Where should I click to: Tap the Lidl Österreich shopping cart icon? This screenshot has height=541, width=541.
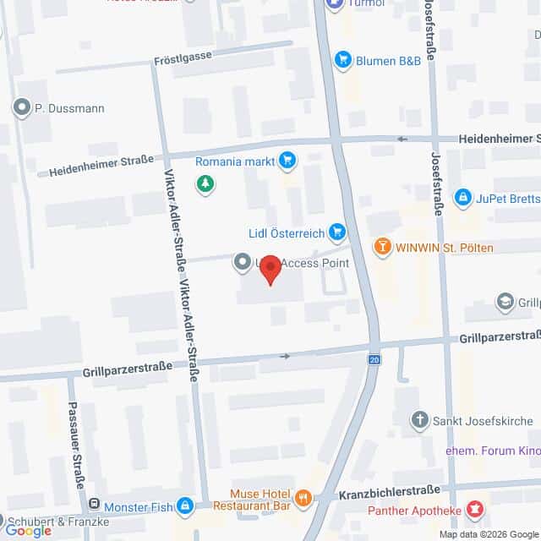coord(337,231)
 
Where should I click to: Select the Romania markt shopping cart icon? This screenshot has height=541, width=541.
coord(287,159)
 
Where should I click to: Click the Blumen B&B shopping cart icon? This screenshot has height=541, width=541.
coord(342,59)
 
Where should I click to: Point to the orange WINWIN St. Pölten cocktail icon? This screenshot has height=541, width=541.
coord(383,247)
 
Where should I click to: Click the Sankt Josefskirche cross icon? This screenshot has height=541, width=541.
coord(419,420)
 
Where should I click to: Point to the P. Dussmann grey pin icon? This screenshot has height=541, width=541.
coord(21,107)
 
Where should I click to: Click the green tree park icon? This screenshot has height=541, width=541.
coord(204,183)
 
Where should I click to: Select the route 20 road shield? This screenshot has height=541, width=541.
coord(374,360)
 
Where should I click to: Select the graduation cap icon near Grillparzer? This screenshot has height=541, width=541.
coord(505,301)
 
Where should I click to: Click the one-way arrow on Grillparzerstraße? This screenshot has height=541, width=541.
coord(285,356)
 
